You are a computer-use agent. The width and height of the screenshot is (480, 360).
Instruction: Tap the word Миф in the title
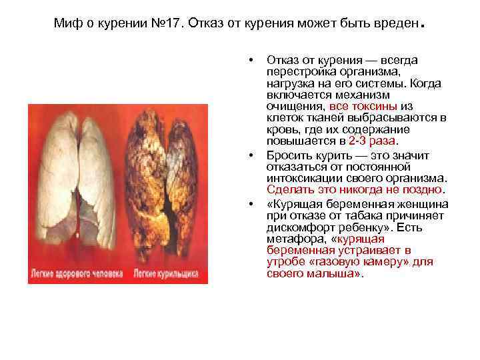[66, 25]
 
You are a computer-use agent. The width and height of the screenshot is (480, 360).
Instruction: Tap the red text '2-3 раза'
[372, 141]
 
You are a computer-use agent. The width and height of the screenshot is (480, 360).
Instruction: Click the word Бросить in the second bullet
[287, 155]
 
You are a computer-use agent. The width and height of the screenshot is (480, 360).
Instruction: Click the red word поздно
[425, 189]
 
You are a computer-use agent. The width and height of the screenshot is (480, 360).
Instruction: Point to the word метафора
[291, 238]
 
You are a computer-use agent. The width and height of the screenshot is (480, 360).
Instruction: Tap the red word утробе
[283, 261]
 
